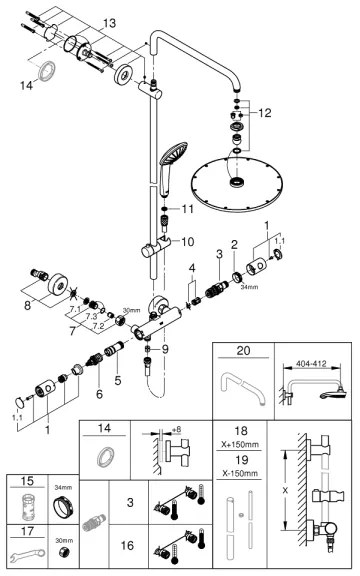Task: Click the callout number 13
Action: pyautogui.click(x=108, y=22)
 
